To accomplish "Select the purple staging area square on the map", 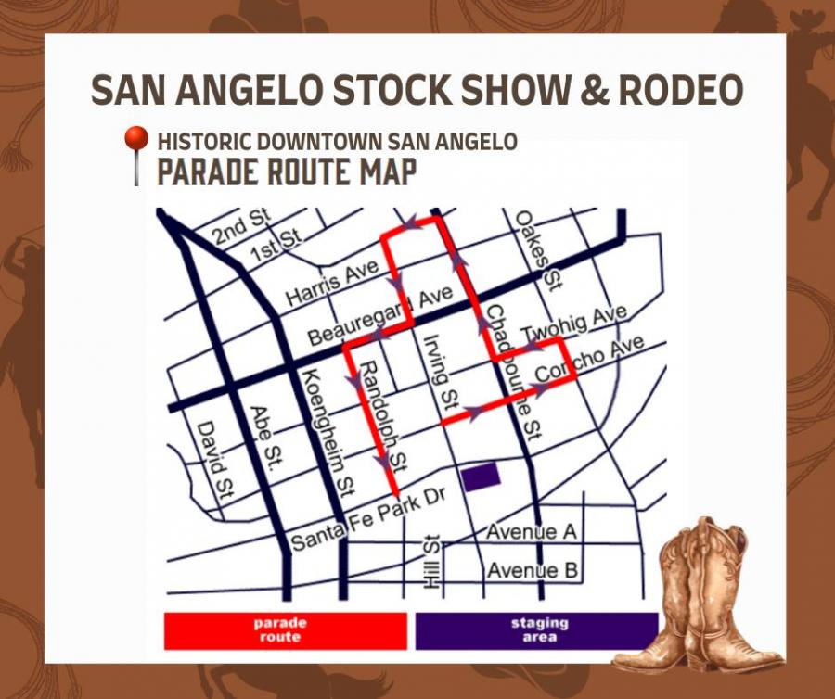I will (482, 476).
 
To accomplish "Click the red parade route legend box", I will (286, 630).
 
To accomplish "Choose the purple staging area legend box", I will (537, 630).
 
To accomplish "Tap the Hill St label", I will (430, 562).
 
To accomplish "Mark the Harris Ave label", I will (331, 283).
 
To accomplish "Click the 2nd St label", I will (242, 225).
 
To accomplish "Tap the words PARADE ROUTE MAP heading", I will (286, 172).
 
